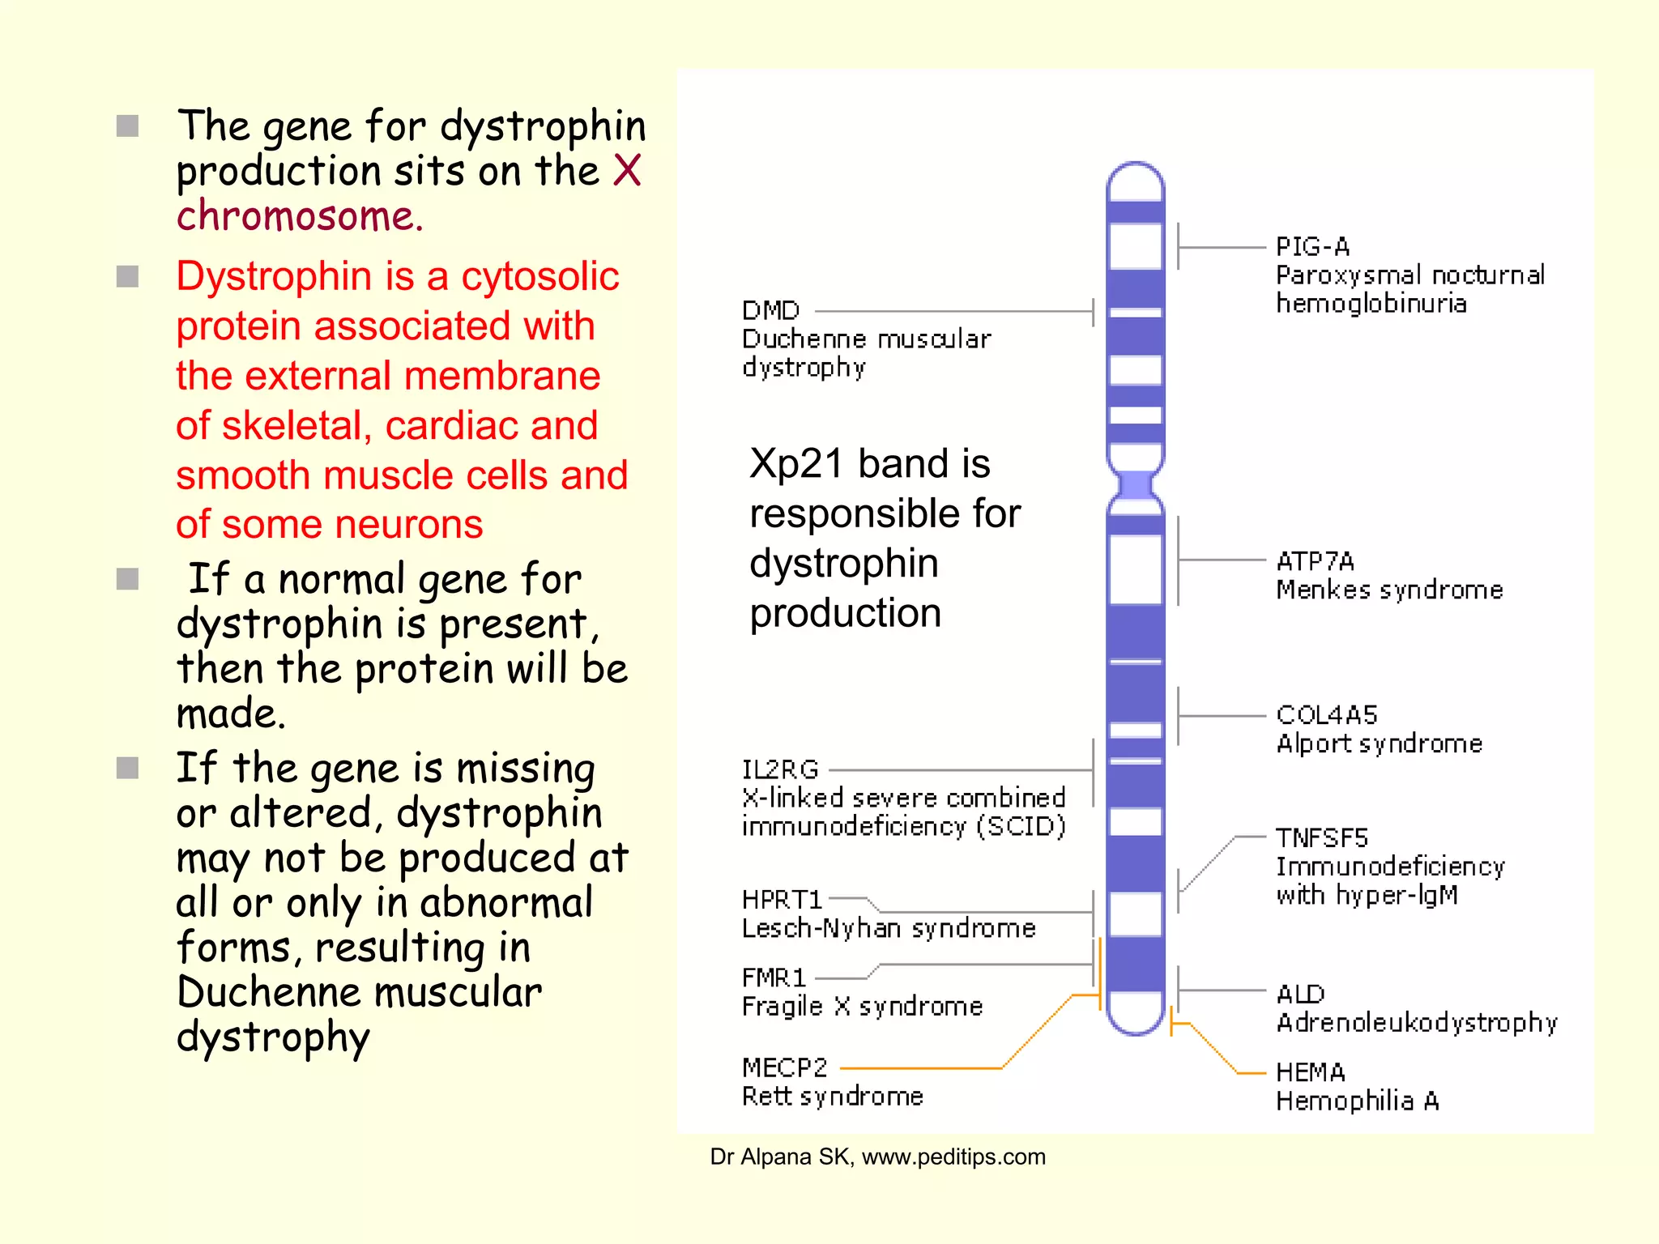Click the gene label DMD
click(x=770, y=310)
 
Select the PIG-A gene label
click(x=1312, y=246)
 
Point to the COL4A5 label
click(x=1326, y=714)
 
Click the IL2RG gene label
click(x=780, y=769)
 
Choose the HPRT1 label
click(x=782, y=900)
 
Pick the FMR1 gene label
click(x=774, y=978)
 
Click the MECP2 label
click(x=784, y=1067)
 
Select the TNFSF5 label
click(x=1321, y=837)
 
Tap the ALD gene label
click(x=1300, y=994)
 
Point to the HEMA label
click(x=1310, y=1072)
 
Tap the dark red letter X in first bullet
click(x=626, y=171)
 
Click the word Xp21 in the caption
click(x=796, y=464)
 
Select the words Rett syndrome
click(x=832, y=1097)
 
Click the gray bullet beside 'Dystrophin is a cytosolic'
click(x=127, y=277)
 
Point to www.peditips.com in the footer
click(x=953, y=1157)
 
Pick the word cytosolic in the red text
click(x=539, y=276)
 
